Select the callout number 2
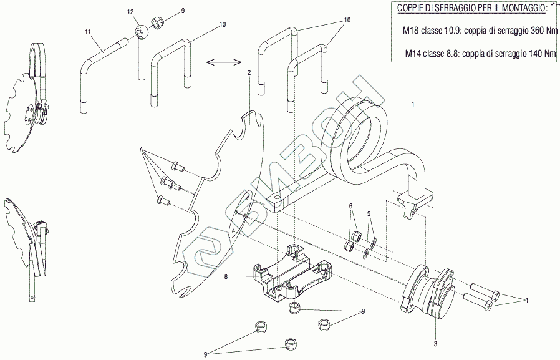coord(249,73)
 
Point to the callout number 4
coord(526,300)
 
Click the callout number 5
coord(369,213)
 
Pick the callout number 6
coord(350,206)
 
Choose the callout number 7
coord(142,150)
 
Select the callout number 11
coord(88,32)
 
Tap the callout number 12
coord(130,12)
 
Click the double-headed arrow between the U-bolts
coord(223,61)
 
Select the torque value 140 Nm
coord(539,54)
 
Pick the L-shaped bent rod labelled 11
coord(90,62)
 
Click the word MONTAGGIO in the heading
coord(516,7)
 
